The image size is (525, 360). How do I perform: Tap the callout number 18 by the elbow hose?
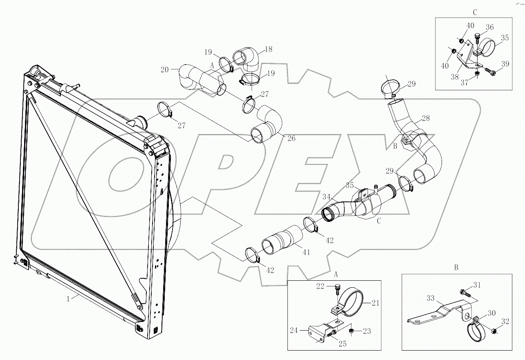coord(268,49)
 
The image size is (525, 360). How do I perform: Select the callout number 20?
coord(164,69)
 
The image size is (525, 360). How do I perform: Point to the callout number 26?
coord(291,138)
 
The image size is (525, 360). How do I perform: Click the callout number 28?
coord(426,119)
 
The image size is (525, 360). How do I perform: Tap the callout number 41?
coord(306,253)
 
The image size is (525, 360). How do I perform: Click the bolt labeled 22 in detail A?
coord(337,288)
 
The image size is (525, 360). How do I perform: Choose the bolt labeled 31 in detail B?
coord(463,293)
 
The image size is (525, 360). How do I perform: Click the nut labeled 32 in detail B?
coord(494,331)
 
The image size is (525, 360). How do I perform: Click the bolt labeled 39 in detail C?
coord(492,73)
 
